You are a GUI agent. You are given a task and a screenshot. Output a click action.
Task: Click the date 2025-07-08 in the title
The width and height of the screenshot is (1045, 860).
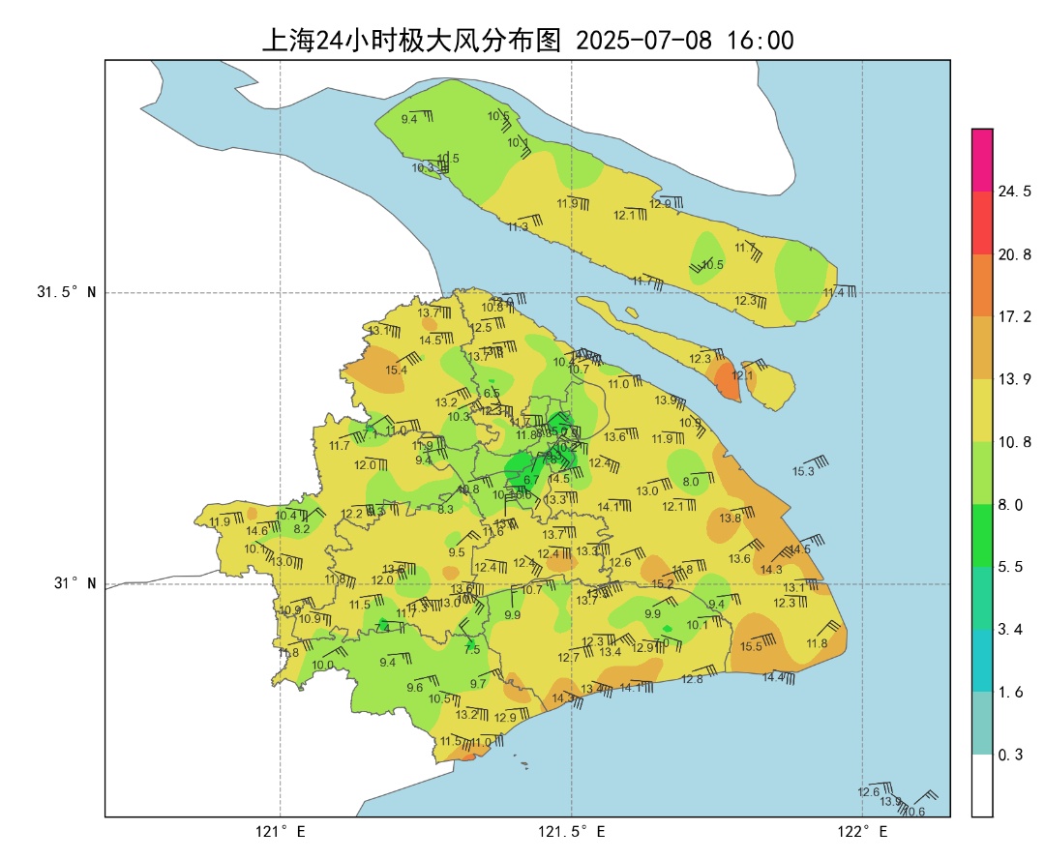(x=643, y=41)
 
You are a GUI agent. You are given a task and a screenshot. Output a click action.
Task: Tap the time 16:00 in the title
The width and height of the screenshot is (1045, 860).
(x=761, y=41)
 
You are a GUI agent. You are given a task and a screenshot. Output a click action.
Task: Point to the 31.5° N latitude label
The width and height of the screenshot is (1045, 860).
(x=67, y=292)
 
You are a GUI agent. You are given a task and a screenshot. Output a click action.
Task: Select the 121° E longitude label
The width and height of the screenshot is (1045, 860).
(x=281, y=832)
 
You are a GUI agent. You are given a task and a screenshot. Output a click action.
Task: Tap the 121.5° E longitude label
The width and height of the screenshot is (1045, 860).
(x=572, y=832)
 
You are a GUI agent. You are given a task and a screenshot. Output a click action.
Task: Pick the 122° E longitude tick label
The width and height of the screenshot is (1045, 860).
(x=863, y=832)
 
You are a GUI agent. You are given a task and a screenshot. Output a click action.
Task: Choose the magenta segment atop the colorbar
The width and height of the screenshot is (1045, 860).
(x=982, y=160)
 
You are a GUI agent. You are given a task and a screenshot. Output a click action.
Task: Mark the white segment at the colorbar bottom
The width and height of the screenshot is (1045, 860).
(x=982, y=786)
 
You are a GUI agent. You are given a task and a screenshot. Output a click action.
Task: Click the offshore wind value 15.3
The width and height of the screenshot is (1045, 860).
(x=803, y=471)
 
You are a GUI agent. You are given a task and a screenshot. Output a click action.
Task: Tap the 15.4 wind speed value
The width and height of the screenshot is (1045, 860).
(x=396, y=370)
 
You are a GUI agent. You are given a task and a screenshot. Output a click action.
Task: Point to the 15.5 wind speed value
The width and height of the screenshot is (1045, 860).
(x=751, y=646)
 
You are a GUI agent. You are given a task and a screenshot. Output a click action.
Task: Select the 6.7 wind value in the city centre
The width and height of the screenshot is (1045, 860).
(x=531, y=480)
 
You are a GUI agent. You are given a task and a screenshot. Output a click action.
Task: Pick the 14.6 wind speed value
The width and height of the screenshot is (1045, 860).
(x=256, y=530)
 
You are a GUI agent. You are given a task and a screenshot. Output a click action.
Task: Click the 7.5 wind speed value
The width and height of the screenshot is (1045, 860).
(x=472, y=650)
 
